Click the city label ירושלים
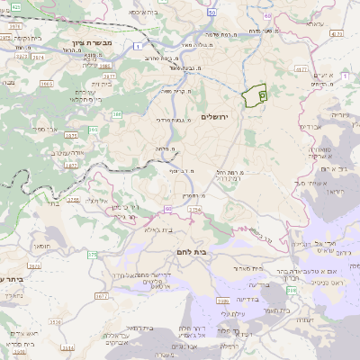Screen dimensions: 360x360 (217, 118)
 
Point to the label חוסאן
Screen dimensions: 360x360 (40, 244)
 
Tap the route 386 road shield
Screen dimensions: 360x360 (119, 114)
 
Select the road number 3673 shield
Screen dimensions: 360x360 (33, 267)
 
